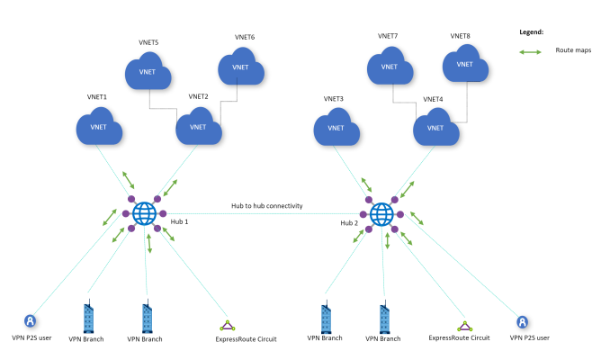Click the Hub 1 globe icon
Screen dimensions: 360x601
pyautogui.click(x=144, y=213)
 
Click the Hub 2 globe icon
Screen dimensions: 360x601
pyautogui.click(x=381, y=213)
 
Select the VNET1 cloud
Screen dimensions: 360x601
pyautogui.click(x=98, y=128)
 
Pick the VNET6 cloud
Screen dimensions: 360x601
pyautogui.click(x=240, y=66)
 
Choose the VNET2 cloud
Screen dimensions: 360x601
pyautogui.click(x=199, y=128)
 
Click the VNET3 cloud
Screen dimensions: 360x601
pyautogui.click(x=336, y=128)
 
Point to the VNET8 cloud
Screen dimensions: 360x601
pyautogui.click(x=464, y=65)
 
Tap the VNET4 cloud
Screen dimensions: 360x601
pyautogui.click(x=436, y=128)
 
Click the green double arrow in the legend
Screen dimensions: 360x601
pyautogui.click(x=531, y=52)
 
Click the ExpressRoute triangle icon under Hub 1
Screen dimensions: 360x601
pyautogui.click(x=228, y=325)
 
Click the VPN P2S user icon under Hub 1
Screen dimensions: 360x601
pyautogui.click(x=31, y=320)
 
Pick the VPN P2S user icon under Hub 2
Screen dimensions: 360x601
pyautogui.click(x=523, y=320)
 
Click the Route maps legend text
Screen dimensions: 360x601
pyautogui.click(x=572, y=52)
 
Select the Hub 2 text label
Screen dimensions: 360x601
pyautogui.click(x=350, y=222)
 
